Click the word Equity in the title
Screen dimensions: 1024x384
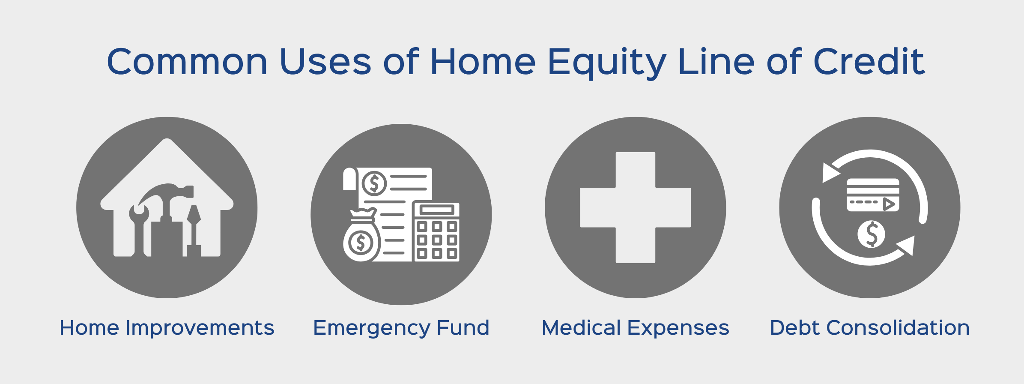(x=607, y=63)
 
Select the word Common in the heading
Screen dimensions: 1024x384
(x=187, y=62)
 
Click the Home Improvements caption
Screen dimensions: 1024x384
(x=167, y=328)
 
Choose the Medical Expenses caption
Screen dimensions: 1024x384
(x=635, y=328)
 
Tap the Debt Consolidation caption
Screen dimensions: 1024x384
(x=869, y=328)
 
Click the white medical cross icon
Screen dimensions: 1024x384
(x=636, y=207)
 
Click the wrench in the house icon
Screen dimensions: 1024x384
(x=139, y=231)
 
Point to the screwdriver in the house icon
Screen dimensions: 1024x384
(x=194, y=231)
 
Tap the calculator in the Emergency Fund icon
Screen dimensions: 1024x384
(x=436, y=231)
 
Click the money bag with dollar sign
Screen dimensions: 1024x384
(x=361, y=235)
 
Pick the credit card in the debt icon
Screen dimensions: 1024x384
(x=873, y=195)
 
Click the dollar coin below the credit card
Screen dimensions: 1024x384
(x=871, y=234)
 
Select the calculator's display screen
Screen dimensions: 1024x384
(x=436, y=210)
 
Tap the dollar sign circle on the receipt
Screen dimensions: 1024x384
(x=374, y=183)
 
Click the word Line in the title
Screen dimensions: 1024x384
(x=717, y=62)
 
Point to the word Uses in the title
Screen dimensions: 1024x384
(x=325, y=62)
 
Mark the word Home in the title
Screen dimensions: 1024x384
(x=483, y=62)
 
